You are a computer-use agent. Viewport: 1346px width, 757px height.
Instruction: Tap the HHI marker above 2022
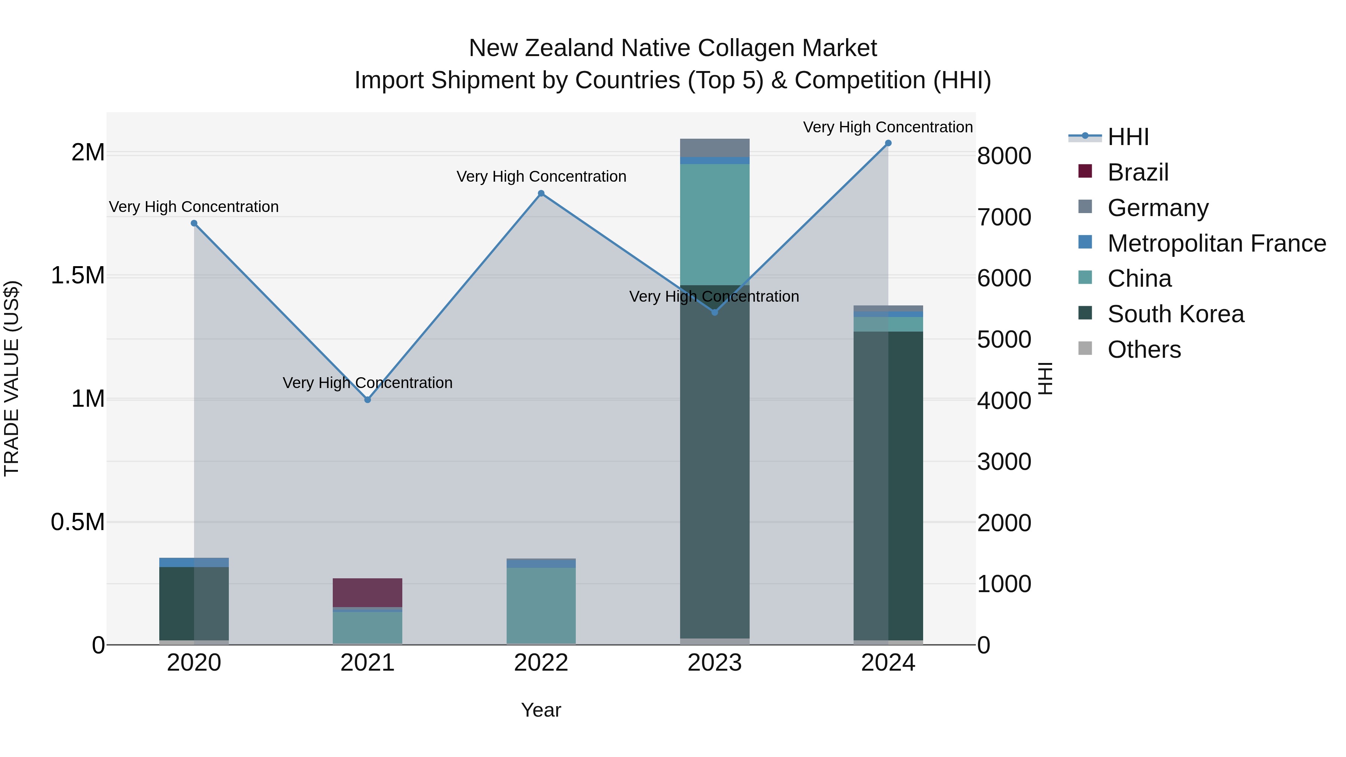pos(541,194)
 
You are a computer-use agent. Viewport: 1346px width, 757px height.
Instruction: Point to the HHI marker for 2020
pos(194,223)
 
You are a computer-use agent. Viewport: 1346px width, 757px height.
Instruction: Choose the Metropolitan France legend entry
pos(1216,243)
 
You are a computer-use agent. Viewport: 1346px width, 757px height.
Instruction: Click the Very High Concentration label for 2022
pos(541,176)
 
